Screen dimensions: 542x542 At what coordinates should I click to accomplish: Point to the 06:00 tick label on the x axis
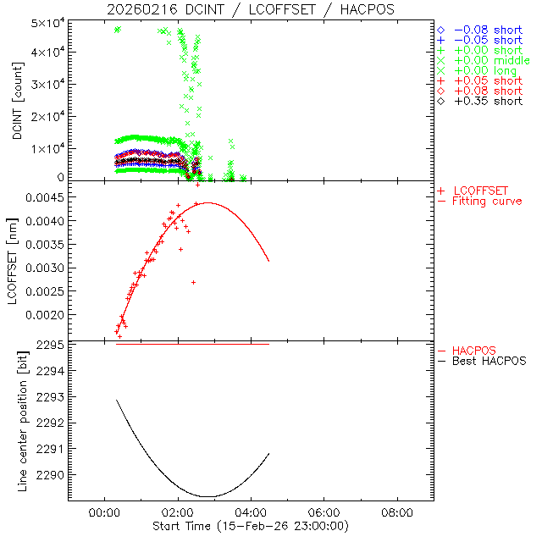point(324,513)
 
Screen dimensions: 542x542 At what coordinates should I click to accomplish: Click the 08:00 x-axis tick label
point(397,513)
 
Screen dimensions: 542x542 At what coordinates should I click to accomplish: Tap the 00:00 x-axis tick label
point(103,513)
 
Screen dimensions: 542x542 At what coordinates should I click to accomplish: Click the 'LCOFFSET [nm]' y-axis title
point(16,263)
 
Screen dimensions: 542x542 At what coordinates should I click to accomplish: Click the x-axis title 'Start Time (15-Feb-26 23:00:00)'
point(251,527)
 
